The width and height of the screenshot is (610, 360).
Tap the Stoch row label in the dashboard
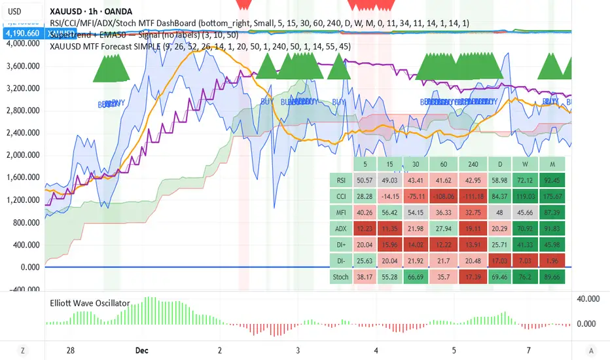pyautogui.click(x=340, y=276)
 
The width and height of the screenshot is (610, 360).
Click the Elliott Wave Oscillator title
pyautogui.click(x=90, y=303)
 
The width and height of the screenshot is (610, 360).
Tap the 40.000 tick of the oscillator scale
pyautogui.click(x=589, y=298)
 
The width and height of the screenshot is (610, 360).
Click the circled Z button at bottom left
pyautogui.click(x=23, y=350)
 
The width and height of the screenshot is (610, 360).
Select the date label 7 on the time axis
pyautogui.click(x=529, y=350)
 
